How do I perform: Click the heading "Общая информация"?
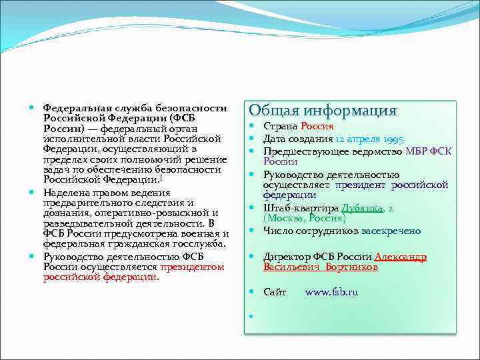tap(323, 111)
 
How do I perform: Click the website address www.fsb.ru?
tap(331, 292)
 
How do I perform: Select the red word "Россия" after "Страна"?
tap(317, 126)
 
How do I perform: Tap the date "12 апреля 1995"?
tap(369, 139)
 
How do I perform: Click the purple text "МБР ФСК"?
tap(429, 151)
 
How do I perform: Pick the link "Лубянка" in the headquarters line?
tap(362, 208)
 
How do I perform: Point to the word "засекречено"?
tap(391, 231)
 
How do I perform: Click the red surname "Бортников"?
tap(353, 267)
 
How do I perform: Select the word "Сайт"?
tap(275, 292)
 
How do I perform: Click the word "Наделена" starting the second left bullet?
tap(63, 192)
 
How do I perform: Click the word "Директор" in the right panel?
tap(284, 257)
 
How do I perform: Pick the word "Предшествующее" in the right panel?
tap(299, 151)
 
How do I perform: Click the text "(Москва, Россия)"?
tap(305, 218)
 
